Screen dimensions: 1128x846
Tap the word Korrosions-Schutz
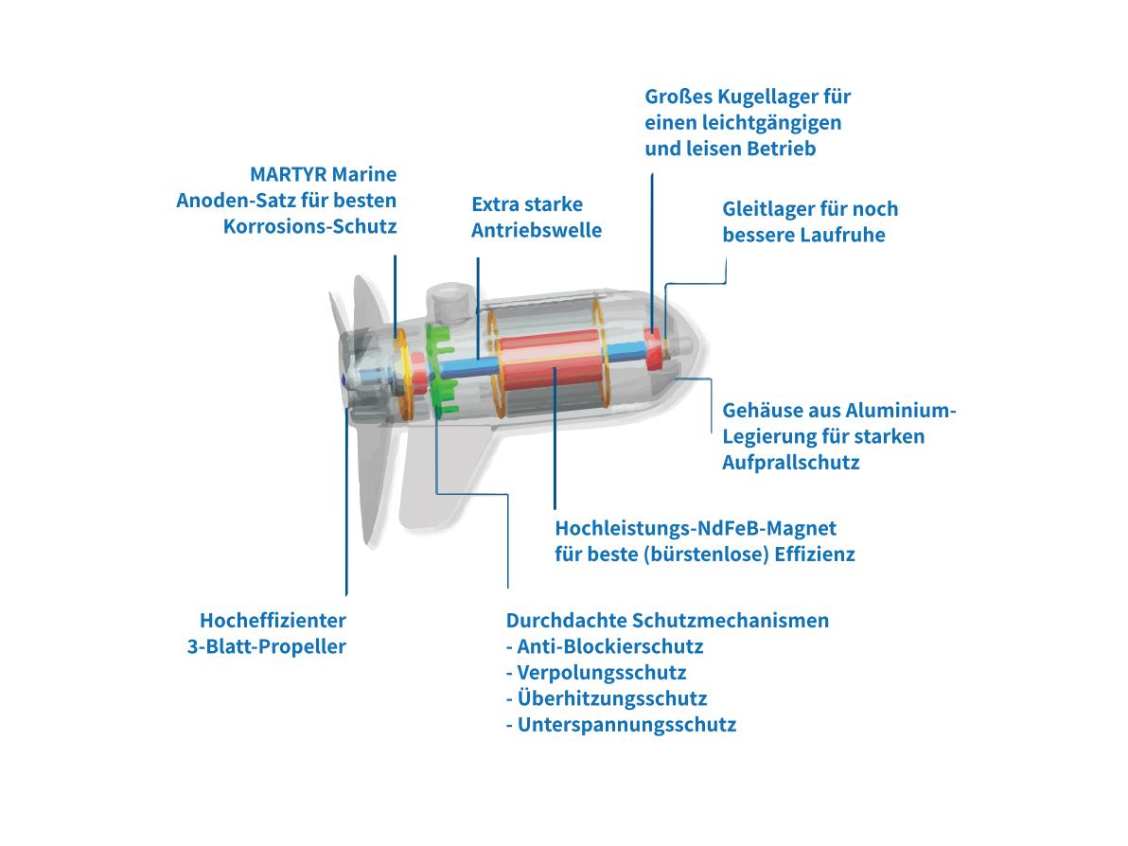(310, 226)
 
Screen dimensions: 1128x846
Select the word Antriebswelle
(537, 230)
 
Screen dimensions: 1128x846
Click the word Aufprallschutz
(790, 463)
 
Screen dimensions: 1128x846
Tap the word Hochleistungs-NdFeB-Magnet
(696, 529)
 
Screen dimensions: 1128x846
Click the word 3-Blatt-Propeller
(266, 646)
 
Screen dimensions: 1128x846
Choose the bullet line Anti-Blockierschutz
(605, 646)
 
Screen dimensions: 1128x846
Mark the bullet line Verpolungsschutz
(595, 673)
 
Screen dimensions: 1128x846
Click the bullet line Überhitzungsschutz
(607, 698)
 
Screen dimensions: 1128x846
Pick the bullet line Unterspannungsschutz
(621, 725)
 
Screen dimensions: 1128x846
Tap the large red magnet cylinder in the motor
(551, 361)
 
